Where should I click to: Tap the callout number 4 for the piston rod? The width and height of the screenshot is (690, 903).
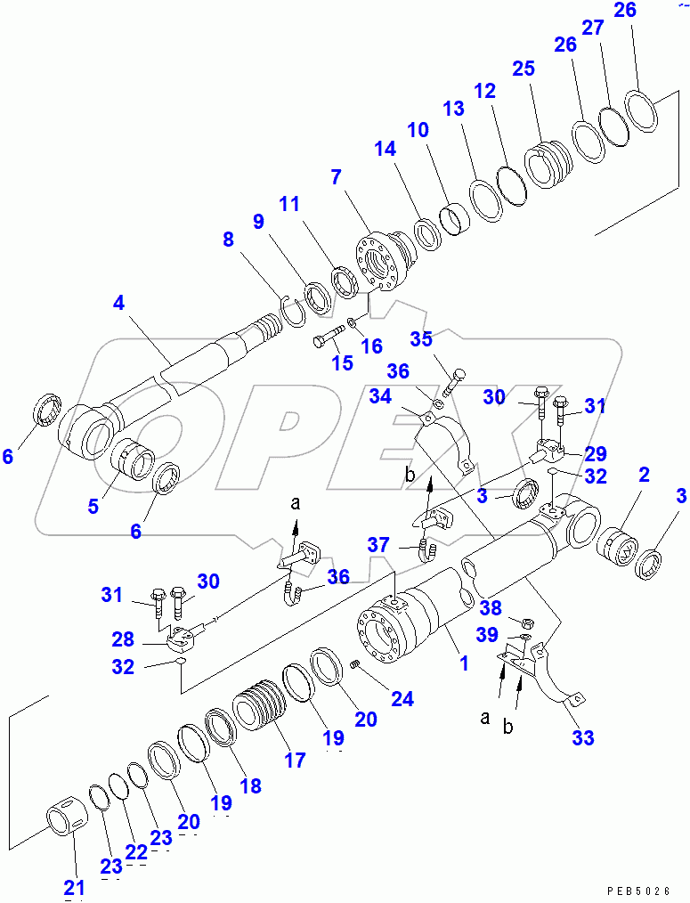coord(118,303)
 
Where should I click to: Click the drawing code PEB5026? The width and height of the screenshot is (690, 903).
coord(638,890)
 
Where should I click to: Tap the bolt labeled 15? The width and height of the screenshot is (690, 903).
coord(329,339)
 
